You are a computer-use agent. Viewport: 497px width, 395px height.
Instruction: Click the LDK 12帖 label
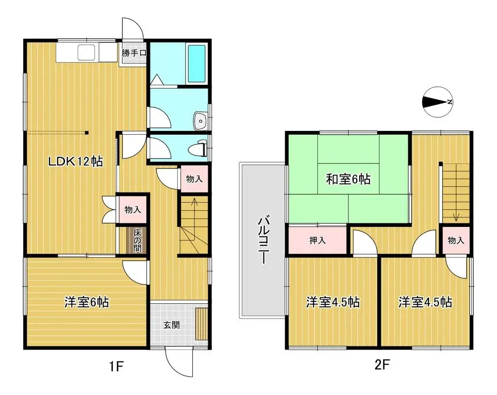click(75, 161)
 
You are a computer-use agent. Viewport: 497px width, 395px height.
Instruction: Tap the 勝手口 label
click(133, 53)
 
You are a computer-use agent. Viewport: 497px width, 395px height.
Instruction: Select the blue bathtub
click(197, 63)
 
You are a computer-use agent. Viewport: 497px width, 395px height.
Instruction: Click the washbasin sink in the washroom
click(200, 121)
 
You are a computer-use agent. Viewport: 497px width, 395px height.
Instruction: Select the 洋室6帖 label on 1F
click(86, 302)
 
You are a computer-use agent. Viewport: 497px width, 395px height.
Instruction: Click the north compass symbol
click(437, 102)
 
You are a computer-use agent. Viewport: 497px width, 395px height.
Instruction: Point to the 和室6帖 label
click(348, 179)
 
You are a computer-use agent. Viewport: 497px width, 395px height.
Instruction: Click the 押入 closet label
click(318, 240)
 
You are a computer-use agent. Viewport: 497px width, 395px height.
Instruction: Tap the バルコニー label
click(263, 240)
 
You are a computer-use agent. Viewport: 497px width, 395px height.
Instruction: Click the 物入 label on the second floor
click(456, 240)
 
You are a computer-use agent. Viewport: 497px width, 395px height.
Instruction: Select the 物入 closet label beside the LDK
click(133, 209)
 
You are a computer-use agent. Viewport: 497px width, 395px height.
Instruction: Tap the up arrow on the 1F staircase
click(194, 203)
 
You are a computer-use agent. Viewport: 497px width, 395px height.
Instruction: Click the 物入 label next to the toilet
click(195, 179)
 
